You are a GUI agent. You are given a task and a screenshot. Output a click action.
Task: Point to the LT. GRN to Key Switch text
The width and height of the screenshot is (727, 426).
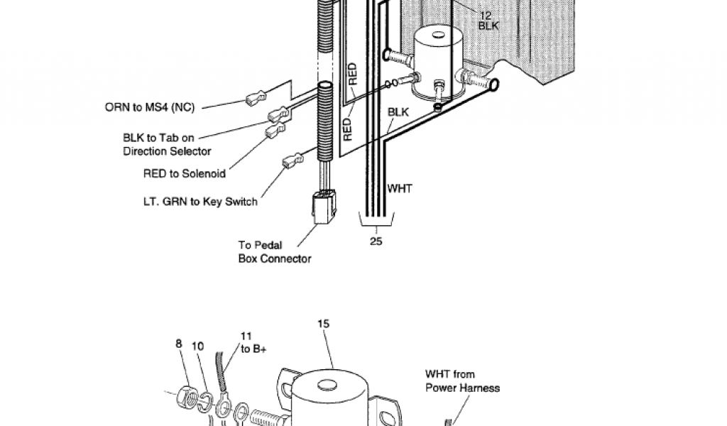click(199, 202)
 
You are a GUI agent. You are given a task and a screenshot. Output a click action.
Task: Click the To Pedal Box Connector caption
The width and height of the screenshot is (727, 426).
click(274, 252)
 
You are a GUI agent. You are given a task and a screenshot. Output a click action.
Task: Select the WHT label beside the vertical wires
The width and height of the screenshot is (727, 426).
click(399, 189)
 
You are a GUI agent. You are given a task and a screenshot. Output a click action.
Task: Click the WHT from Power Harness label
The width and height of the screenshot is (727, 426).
click(462, 381)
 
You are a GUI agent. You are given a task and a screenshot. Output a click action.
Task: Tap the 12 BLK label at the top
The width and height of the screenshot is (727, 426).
click(488, 20)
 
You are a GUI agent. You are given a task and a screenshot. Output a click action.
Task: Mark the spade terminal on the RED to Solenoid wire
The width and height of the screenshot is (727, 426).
click(275, 132)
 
